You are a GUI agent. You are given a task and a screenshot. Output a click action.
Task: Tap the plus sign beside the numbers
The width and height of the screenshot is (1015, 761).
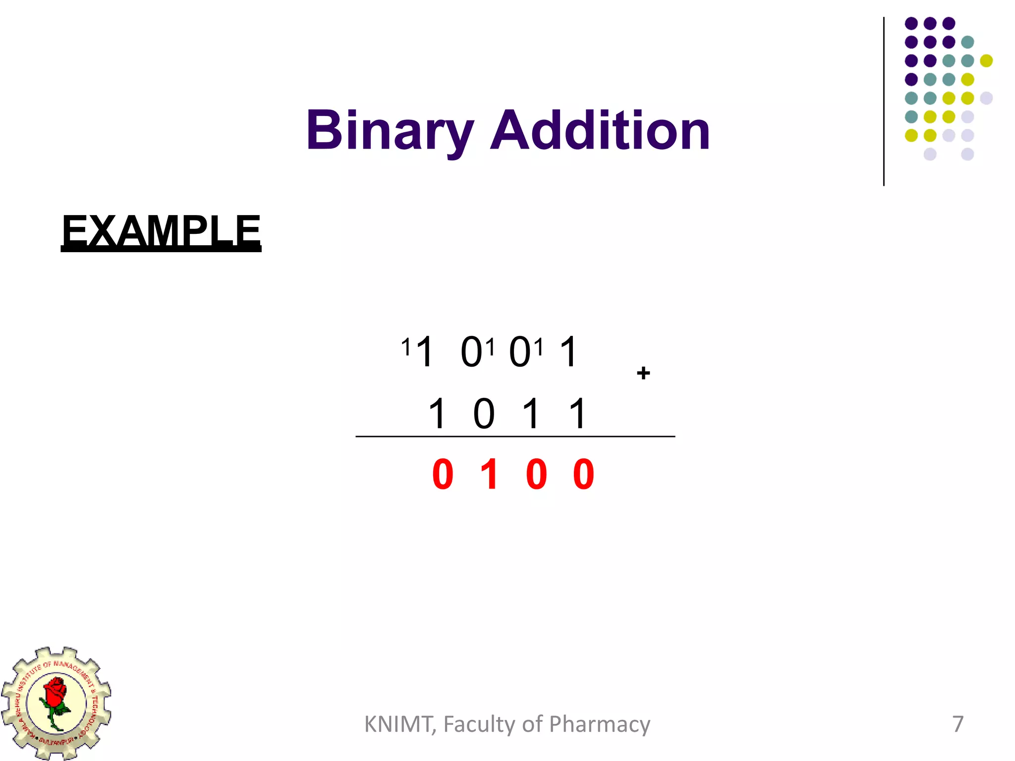[643, 373]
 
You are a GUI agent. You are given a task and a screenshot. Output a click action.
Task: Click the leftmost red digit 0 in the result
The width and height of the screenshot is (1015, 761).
[443, 475]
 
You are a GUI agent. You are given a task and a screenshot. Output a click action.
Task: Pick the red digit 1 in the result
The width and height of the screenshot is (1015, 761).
[490, 475]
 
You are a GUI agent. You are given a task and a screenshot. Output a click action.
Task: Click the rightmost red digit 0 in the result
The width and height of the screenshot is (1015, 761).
[583, 475]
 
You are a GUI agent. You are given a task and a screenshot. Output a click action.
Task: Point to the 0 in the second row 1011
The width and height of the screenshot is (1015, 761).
[484, 414]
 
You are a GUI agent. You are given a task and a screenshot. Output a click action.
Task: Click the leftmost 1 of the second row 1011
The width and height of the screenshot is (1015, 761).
[437, 414]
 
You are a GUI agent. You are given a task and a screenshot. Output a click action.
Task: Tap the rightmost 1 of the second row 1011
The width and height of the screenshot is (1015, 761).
[578, 414]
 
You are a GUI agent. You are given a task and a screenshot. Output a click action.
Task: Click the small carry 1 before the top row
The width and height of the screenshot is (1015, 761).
[406, 347]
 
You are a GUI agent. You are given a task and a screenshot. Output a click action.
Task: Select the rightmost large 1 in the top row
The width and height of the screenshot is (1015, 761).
[568, 352]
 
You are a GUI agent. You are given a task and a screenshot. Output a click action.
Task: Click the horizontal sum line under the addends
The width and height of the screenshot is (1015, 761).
[515, 436]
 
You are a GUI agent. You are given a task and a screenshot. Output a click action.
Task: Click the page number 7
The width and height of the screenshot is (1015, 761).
[958, 724]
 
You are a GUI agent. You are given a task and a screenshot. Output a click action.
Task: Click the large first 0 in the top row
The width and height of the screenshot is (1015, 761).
[471, 352]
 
